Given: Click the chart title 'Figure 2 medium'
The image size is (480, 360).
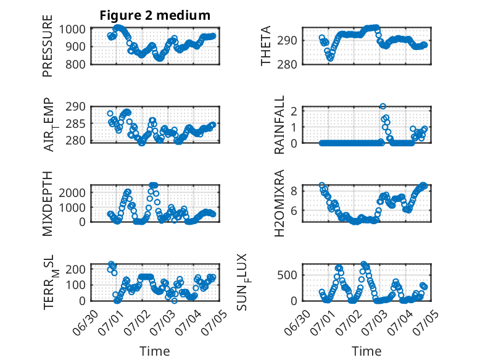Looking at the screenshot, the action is tap(155, 15).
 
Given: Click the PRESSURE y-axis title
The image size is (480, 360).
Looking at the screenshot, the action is tap(48, 46).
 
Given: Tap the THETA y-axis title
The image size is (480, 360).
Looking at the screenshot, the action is tap(266, 46).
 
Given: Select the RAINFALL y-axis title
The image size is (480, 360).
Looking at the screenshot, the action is tap(279, 125).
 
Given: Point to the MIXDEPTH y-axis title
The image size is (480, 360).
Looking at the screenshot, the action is tap(48, 203).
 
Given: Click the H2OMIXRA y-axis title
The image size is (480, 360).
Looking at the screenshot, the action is tap(279, 203).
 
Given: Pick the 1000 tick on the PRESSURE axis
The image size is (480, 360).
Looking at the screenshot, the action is tap(72, 30).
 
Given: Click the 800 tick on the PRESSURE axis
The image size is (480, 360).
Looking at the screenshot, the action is tap(76, 64).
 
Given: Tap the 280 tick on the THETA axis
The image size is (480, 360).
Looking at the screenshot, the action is tap(288, 64).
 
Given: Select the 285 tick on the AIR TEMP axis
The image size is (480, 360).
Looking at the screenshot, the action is tap(76, 124).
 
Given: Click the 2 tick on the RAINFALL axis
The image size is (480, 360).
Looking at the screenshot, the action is tap(294, 111).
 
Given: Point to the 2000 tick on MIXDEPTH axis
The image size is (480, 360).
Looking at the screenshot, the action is tap(72, 193).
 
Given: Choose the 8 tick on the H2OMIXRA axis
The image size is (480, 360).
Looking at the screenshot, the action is tap(294, 191).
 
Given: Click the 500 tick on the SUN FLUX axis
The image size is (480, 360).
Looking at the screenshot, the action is tap(288, 275).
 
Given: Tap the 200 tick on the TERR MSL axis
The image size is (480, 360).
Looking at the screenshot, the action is tap(76, 269).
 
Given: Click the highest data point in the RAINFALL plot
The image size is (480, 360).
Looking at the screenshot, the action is tap(383, 106).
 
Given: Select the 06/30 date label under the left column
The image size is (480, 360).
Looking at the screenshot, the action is tap(86, 322).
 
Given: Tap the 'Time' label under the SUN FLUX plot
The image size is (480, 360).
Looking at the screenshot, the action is tap(366, 351).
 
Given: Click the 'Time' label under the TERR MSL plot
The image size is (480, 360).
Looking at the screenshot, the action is tap(155, 351).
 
